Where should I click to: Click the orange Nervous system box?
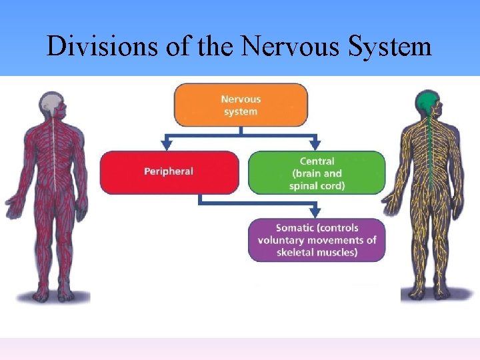[x=241, y=105]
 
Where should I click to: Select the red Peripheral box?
[x=169, y=172]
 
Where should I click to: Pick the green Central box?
[x=317, y=173]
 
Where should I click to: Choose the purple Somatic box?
[x=317, y=240]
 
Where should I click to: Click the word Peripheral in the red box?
[x=169, y=172]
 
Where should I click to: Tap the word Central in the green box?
[x=317, y=161]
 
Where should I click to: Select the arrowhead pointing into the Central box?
[x=315, y=144]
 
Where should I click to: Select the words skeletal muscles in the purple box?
[x=317, y=252]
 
